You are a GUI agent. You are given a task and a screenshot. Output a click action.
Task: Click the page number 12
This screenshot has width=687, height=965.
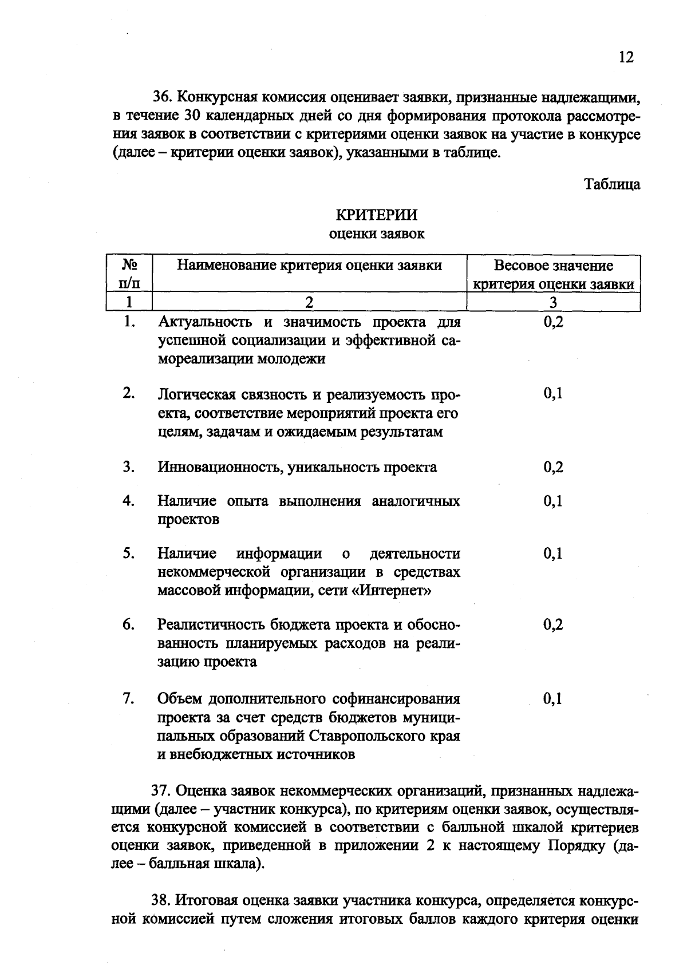point(626,57)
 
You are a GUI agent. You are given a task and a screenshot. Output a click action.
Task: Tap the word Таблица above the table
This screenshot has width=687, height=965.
point(611,184)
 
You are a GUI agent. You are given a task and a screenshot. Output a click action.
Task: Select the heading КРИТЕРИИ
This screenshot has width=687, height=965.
point(376,215)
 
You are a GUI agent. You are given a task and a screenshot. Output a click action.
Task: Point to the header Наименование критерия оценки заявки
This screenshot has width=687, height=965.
point(309,266)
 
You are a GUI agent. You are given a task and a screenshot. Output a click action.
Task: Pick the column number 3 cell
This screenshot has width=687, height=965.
point(553,302)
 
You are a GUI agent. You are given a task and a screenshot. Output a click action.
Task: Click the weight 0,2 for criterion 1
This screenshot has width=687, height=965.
point(553,322)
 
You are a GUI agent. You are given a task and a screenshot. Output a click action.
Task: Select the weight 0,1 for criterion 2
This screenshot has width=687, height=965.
point(553,393)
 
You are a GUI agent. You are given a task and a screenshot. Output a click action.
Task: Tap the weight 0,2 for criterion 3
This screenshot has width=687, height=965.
point(553,468)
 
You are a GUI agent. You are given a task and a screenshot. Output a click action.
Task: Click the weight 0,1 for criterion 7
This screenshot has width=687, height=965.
point(553,699)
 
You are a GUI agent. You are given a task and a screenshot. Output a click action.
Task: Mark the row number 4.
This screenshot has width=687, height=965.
point(128,501)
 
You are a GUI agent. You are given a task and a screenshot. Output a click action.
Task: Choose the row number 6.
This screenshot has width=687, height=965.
point(128,624)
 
